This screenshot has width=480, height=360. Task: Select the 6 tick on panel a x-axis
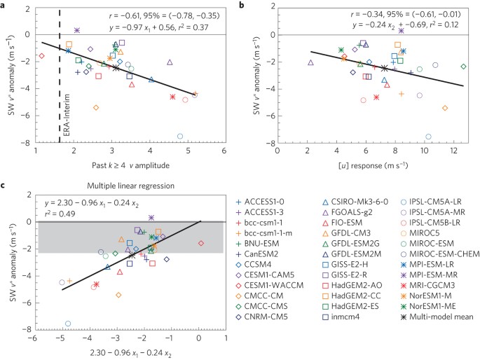[224, 151]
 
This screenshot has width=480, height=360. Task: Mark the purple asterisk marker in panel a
[76, 31]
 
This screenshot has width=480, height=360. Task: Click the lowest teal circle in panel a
[180, 136]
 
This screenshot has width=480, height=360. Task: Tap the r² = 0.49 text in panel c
[60, 214]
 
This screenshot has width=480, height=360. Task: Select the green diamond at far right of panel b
[463, 67]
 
